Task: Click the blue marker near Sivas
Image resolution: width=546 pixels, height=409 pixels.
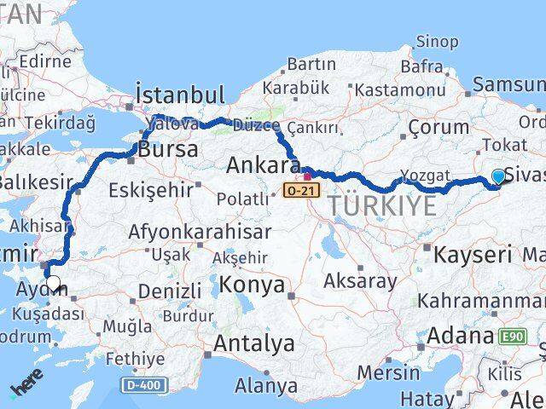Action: (x=498, y=177)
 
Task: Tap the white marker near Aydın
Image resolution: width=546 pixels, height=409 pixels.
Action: (x=54, y=284)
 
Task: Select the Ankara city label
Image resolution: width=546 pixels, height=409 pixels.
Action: (x=263, y=164)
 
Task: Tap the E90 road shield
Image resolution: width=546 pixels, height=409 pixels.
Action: (x=514, y=337)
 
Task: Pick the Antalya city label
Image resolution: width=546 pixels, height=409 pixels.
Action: (x=255, y=344)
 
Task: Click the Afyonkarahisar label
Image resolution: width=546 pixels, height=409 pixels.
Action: (x=200, y=232)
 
